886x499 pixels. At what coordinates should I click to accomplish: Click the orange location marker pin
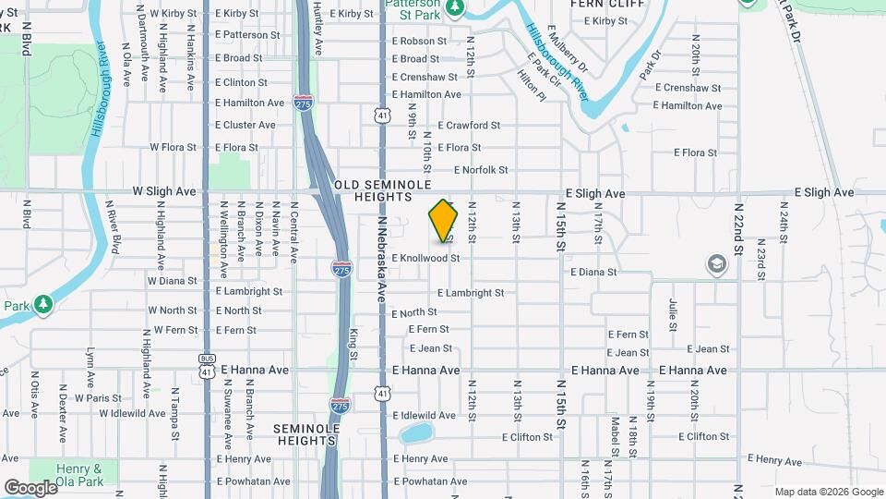[x=444, y=221]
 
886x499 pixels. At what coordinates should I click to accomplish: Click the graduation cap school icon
[x=716, y=265]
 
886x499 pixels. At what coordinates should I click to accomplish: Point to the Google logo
[x=30, y=487]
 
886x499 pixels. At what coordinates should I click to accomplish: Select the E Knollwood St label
[x=425, y=258]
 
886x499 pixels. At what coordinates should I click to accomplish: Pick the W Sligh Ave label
[x=164, y=191]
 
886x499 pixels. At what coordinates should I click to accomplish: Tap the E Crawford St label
[x=469, y=125]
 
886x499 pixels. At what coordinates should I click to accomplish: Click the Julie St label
[x=673, y=314]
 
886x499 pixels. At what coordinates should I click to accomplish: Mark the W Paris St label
[x=99, y=398]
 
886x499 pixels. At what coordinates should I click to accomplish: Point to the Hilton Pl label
[x=531, y=86]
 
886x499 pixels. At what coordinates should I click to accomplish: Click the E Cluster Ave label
[x=245, y=125]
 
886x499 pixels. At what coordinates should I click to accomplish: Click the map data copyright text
[x=828, y=492]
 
